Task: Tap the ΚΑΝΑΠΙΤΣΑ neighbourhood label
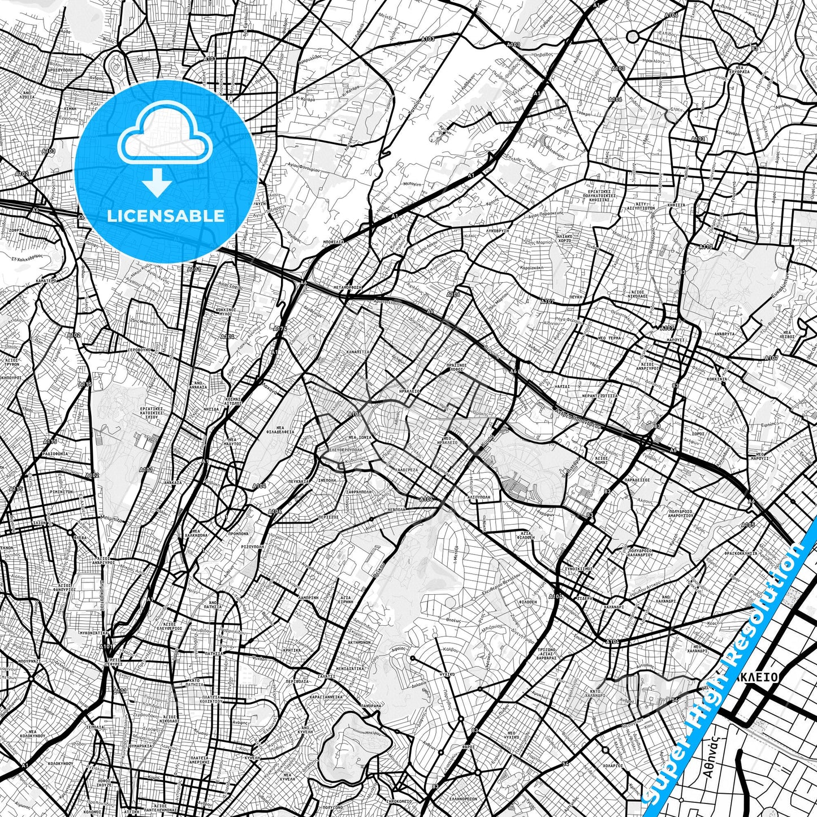pos(358,352)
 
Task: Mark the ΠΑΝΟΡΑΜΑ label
pos(371,706)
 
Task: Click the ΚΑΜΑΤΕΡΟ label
pos(44,280)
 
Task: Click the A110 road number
pos(706,247)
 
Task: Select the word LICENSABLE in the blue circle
pos(165,216)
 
